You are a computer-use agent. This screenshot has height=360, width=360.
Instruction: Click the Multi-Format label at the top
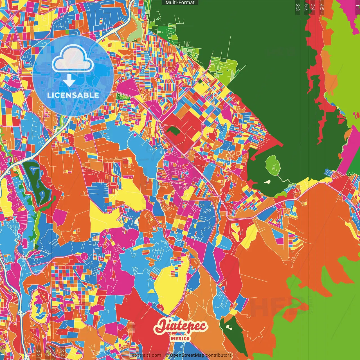(x=180, y=3)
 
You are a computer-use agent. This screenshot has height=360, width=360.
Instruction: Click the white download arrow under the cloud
(x=69, y=80)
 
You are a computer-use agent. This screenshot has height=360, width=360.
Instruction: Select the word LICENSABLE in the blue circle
(x=73, y=95)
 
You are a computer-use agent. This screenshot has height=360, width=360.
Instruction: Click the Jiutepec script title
(x=181, y=327)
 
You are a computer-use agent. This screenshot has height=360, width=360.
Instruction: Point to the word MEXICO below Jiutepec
(x=180, y=338)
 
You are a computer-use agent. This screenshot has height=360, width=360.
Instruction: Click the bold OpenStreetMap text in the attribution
(x=187, y=355)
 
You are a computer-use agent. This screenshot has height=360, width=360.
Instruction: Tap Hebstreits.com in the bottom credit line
(x=145, y=355)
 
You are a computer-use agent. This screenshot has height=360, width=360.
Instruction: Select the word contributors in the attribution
(x=219, y=355)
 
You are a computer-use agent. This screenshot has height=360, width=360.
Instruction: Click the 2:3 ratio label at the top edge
(x=297, y=7)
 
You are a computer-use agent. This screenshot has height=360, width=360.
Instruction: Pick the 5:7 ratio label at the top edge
(x=306, y=7)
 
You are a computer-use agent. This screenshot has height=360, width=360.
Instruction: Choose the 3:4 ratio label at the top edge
(x=312, y=7)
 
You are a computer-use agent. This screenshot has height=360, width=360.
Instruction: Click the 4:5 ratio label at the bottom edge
(x=39, y=352)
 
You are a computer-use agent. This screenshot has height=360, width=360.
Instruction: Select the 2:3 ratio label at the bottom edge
(x=62, y=352)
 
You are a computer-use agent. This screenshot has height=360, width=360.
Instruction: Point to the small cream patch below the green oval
(x=267, y=182)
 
